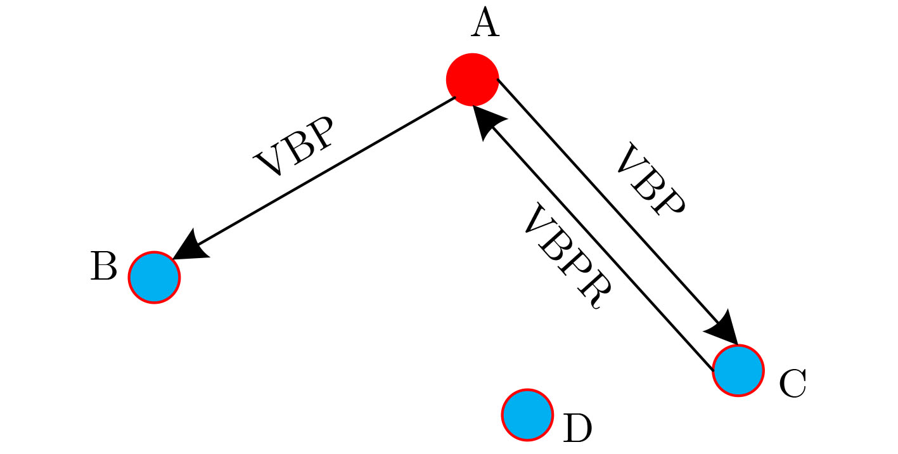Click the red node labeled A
472,79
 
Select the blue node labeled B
155,277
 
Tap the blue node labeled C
738,370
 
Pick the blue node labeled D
527,415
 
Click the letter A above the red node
484,25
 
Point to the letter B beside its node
104,266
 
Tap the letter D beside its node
577,429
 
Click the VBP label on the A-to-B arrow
293,146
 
